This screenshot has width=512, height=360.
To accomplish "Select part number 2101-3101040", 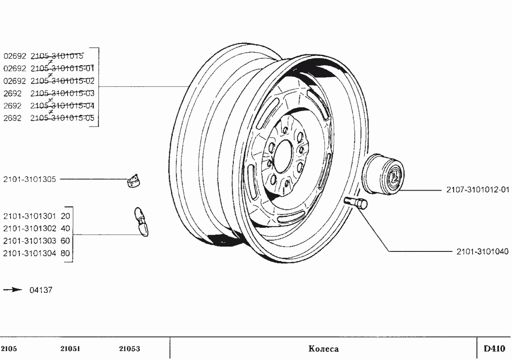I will pos(482,251).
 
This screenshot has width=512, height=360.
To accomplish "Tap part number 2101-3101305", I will pos(30,179).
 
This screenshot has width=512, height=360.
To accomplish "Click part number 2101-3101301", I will pos(30,216).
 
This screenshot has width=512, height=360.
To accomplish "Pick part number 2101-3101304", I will pos(30,252).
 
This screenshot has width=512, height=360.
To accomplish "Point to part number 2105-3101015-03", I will pos(62,93).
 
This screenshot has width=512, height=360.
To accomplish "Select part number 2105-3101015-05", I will pos(62,118).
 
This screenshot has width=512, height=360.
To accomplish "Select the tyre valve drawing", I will pos(140,222).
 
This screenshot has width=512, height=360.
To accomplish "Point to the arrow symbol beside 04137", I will pos(13,290).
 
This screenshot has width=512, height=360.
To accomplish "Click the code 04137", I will pos(41,290).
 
